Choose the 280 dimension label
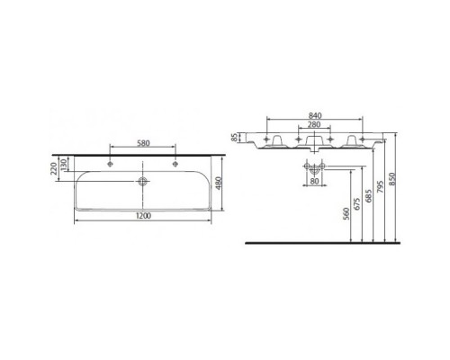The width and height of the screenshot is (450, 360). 315,127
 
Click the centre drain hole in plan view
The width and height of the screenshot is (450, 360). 141,180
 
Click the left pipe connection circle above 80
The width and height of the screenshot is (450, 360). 309,167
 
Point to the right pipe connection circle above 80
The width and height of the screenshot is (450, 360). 320,167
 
